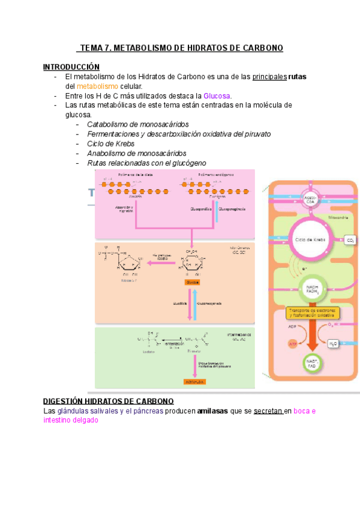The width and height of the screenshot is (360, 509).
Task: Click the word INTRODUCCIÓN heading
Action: (x=71, y=67)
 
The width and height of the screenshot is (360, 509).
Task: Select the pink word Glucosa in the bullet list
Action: (x=217, y=95)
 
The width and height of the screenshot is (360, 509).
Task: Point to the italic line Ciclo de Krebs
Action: (x=110, y=143)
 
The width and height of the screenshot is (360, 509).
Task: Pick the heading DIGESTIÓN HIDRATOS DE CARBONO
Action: (x=109, y=401)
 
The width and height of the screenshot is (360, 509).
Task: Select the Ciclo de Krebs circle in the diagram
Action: (x=310, y=239)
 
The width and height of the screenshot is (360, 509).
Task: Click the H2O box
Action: (x=332, y=344)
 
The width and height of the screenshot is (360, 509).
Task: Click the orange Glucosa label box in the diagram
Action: (x=193, y=282)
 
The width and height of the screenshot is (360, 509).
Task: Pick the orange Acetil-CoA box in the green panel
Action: (x=194, y=382)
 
